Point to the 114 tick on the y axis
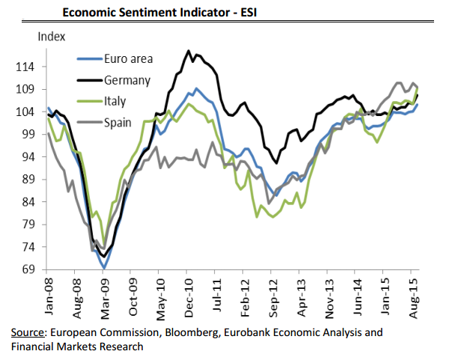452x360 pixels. pyautogui.click(x=25, y=67)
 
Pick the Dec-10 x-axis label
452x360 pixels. pyautogui.click(x=190, y=296)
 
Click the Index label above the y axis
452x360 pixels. pyautogui.click(x=51, y=35)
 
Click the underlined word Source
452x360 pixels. pyautogui.click(x=28, y=332)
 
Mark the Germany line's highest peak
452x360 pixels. pyautogui.click(x=187, y=51)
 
